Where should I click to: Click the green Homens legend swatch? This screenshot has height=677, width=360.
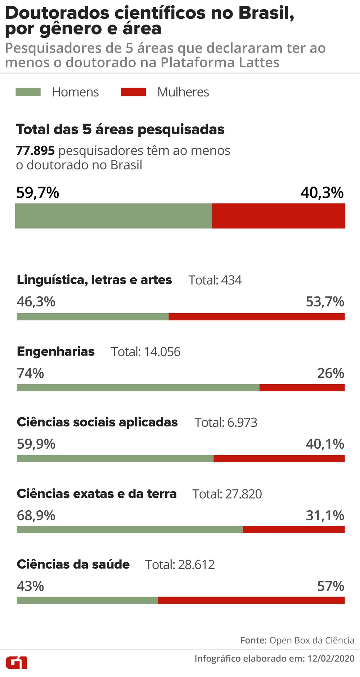tap(28, 92)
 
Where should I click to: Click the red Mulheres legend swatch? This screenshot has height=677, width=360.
tap(133, 92)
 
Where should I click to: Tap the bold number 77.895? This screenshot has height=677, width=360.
tap(35, 151)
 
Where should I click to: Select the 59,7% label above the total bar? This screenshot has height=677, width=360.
tap(37, 193)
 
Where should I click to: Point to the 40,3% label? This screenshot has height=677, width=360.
tap(322, 193)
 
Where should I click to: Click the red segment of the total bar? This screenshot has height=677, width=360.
tap(278, 216)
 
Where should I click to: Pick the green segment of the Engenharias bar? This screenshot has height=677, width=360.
tap(138, 387)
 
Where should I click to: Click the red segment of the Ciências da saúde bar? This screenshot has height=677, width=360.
tap(251, 600)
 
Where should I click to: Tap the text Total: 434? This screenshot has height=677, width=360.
tap(215, 280)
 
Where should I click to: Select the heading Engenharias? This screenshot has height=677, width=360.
tap(56, 351)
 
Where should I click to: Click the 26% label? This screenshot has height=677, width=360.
tap(330, 373)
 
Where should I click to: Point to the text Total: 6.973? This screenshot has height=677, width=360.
tap(226, 422)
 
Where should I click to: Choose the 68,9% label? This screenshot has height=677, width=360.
tap(36, 516)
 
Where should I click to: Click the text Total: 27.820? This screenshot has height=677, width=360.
tap(227, 494)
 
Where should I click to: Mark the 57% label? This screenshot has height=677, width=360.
tap(330, 586)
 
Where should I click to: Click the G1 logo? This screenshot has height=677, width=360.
tap(16, 662)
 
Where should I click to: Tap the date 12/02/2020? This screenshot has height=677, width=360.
tap(331, 659)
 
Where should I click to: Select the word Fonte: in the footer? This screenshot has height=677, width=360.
tap(253, 640)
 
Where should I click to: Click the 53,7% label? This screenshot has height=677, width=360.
tap(325, 302)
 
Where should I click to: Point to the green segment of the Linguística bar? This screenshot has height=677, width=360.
tap(93, 317)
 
